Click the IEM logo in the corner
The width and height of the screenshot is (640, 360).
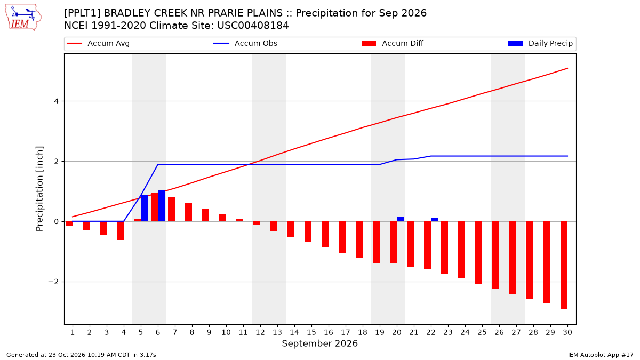(23, 17)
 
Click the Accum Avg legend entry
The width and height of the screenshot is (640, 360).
(98, 43)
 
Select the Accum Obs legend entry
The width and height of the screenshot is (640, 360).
(245, 43)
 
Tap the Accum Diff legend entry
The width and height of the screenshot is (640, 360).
(393, 43)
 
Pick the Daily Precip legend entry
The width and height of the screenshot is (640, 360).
(540, 43)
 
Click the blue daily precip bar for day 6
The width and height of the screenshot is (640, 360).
(162, 206)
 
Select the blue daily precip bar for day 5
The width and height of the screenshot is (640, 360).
(145, 209)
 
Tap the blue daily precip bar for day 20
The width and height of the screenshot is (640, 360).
(401, 219)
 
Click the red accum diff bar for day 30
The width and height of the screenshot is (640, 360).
(564, 265)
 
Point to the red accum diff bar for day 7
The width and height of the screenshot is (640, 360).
(171, 210)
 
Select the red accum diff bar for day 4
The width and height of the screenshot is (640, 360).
(121, 230)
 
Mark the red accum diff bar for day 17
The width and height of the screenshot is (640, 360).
(342, 237)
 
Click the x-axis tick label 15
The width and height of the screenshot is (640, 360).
(311, 332)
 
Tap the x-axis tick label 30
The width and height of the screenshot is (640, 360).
(567, 332)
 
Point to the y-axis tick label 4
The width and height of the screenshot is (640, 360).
(56, 101)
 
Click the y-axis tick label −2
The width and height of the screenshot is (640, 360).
(53, 282)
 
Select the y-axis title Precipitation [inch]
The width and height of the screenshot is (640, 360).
(39, 189)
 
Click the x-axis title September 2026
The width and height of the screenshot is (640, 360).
(319, 343)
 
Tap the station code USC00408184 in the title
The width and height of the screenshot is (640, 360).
(253, 26)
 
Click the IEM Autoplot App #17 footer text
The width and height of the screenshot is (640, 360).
(601, 355)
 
